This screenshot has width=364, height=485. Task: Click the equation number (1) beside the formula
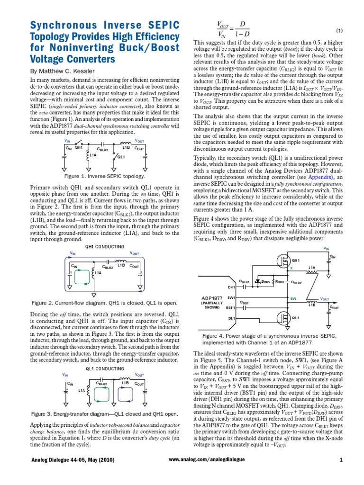point(339,30)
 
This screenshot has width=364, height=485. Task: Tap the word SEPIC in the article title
point(142,25)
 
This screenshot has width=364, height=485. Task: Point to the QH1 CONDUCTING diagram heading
point(104,247)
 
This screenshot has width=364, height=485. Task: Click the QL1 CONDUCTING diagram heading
point(104,368)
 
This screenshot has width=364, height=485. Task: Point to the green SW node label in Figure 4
point(293,298)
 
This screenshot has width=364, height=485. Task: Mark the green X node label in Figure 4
point(291,268)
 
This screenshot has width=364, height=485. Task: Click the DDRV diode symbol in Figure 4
point(258,281)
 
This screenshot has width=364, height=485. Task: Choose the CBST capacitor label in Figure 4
point(245,302)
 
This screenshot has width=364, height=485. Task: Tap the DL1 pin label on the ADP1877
point(232,318)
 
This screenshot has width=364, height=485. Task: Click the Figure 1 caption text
point(107,176)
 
